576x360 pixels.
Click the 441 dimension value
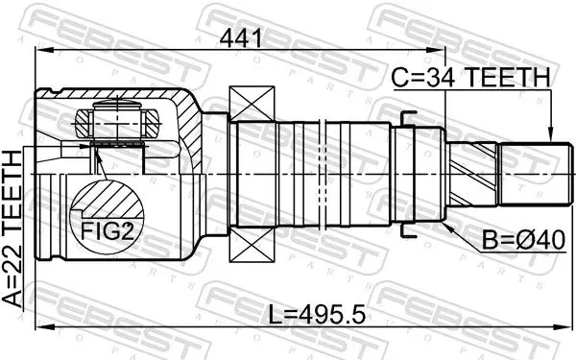pos(241,38)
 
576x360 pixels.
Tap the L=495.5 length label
pos(317,315)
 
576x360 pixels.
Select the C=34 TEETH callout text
pos(471,78)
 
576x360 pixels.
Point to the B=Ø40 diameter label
pos(523,241)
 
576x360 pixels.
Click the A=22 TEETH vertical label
pos(12,228)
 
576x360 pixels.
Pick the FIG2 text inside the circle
pos(108,231)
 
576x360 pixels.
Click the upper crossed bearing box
pos(252,103)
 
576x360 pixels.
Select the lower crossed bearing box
pos(252,244)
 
